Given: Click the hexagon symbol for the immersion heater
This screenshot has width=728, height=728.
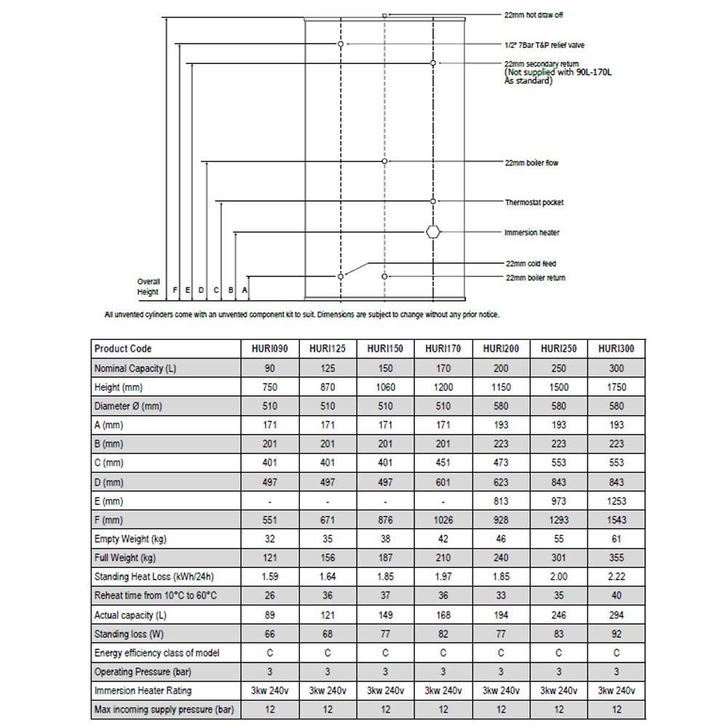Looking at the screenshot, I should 433,232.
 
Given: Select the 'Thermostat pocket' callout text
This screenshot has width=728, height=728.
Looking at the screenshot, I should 534,202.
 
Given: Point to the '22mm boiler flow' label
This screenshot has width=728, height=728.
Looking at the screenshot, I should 531,163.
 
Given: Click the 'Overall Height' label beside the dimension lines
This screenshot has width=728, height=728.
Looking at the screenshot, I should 148,287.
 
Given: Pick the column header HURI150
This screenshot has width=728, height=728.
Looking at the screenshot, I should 385,349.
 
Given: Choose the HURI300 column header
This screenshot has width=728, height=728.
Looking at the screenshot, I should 616,349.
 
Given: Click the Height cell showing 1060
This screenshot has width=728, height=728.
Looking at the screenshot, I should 385,387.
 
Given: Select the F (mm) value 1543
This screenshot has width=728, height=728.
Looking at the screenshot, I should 616,520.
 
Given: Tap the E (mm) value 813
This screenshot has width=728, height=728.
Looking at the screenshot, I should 501,501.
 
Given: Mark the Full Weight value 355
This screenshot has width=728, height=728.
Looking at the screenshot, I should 616,558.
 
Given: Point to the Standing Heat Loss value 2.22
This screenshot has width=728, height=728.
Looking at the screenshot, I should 616,577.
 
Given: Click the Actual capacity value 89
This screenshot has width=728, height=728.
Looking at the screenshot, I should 270,615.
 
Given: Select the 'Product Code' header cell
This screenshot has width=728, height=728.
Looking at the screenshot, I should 123,349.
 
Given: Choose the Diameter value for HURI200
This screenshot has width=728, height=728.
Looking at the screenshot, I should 501,406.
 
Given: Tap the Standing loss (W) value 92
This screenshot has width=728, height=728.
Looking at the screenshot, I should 616,634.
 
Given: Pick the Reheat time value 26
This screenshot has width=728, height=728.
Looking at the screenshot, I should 270,596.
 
